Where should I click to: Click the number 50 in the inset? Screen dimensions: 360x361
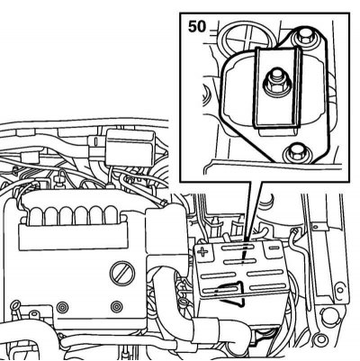(x=197, y=27)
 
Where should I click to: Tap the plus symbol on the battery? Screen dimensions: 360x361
(x=203, y=251)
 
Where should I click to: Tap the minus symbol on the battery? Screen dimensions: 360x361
(x=274, y=248)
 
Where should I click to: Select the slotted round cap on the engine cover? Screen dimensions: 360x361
(x=121, y=273)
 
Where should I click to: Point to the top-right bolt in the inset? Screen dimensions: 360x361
(x=305, y=37)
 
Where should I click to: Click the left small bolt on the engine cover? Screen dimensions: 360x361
(x=63, y=307)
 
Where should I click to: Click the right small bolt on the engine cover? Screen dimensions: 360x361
(x=116, y=307)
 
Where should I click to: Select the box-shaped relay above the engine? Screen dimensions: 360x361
(x=130, y=148)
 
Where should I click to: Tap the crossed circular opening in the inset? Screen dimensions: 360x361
(x=246, y=38)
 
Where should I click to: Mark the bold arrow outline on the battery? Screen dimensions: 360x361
(x=232, y=294)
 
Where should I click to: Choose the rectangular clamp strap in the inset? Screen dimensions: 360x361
(x=278, y=88)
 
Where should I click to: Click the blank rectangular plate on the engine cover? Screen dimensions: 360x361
(x=74, y=238)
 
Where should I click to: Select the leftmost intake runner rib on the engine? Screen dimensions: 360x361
(x=37, y=214)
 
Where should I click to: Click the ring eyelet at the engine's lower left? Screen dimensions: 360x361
(x=14, y=305)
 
